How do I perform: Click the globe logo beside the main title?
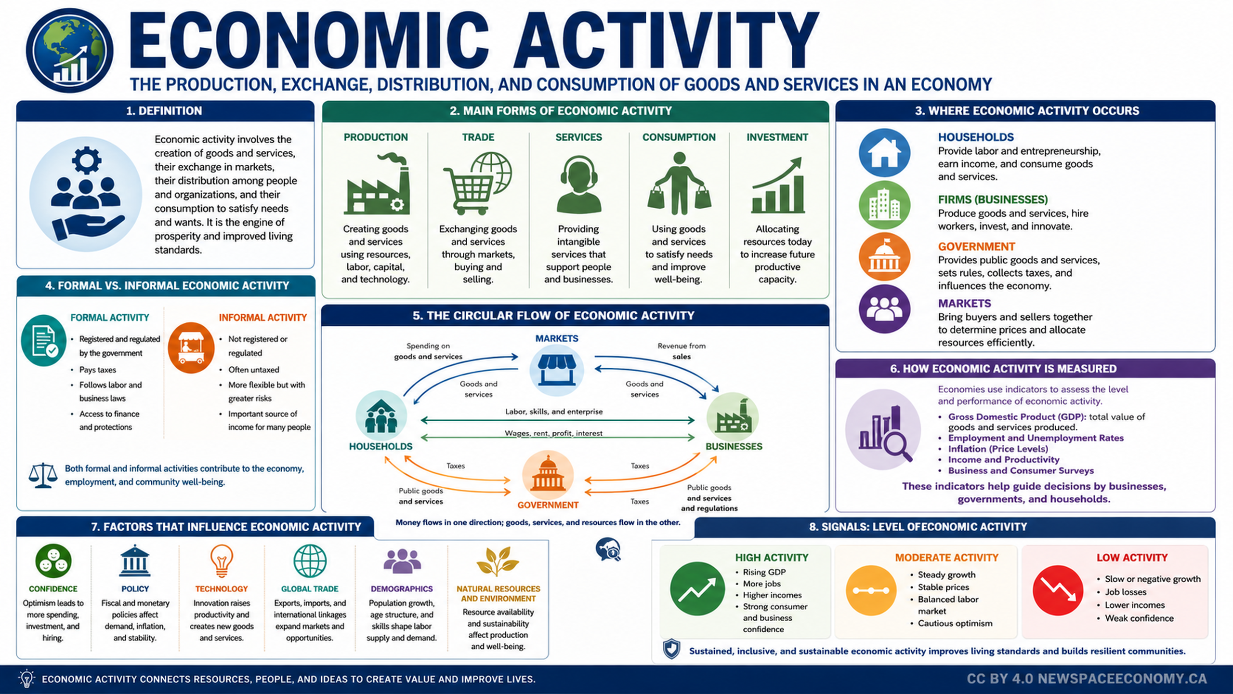click(x=69, y=51)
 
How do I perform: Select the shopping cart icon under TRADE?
click(x=477, y=183)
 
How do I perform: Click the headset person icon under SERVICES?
click(x=579, y=184)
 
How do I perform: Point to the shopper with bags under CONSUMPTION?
click(x=679, y=184)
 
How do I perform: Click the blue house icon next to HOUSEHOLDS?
click(x=884, y=153)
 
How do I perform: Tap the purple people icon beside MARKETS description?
click(x=884, y=308)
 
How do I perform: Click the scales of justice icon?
click(x=43, y=476)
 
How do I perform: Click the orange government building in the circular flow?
click(x=548, y=475)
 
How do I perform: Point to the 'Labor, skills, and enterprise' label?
click(x=554, y=412)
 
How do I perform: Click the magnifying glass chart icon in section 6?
click(x=883, y=430)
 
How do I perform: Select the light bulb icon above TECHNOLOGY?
click(x=222, y=561)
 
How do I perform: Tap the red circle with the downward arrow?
click(x=1058, y=590)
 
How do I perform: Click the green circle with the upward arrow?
click(x=697, y=588)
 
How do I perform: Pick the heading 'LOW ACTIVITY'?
click(x=1132, y=558)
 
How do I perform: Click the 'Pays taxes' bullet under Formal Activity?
click(x=98, y=370)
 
